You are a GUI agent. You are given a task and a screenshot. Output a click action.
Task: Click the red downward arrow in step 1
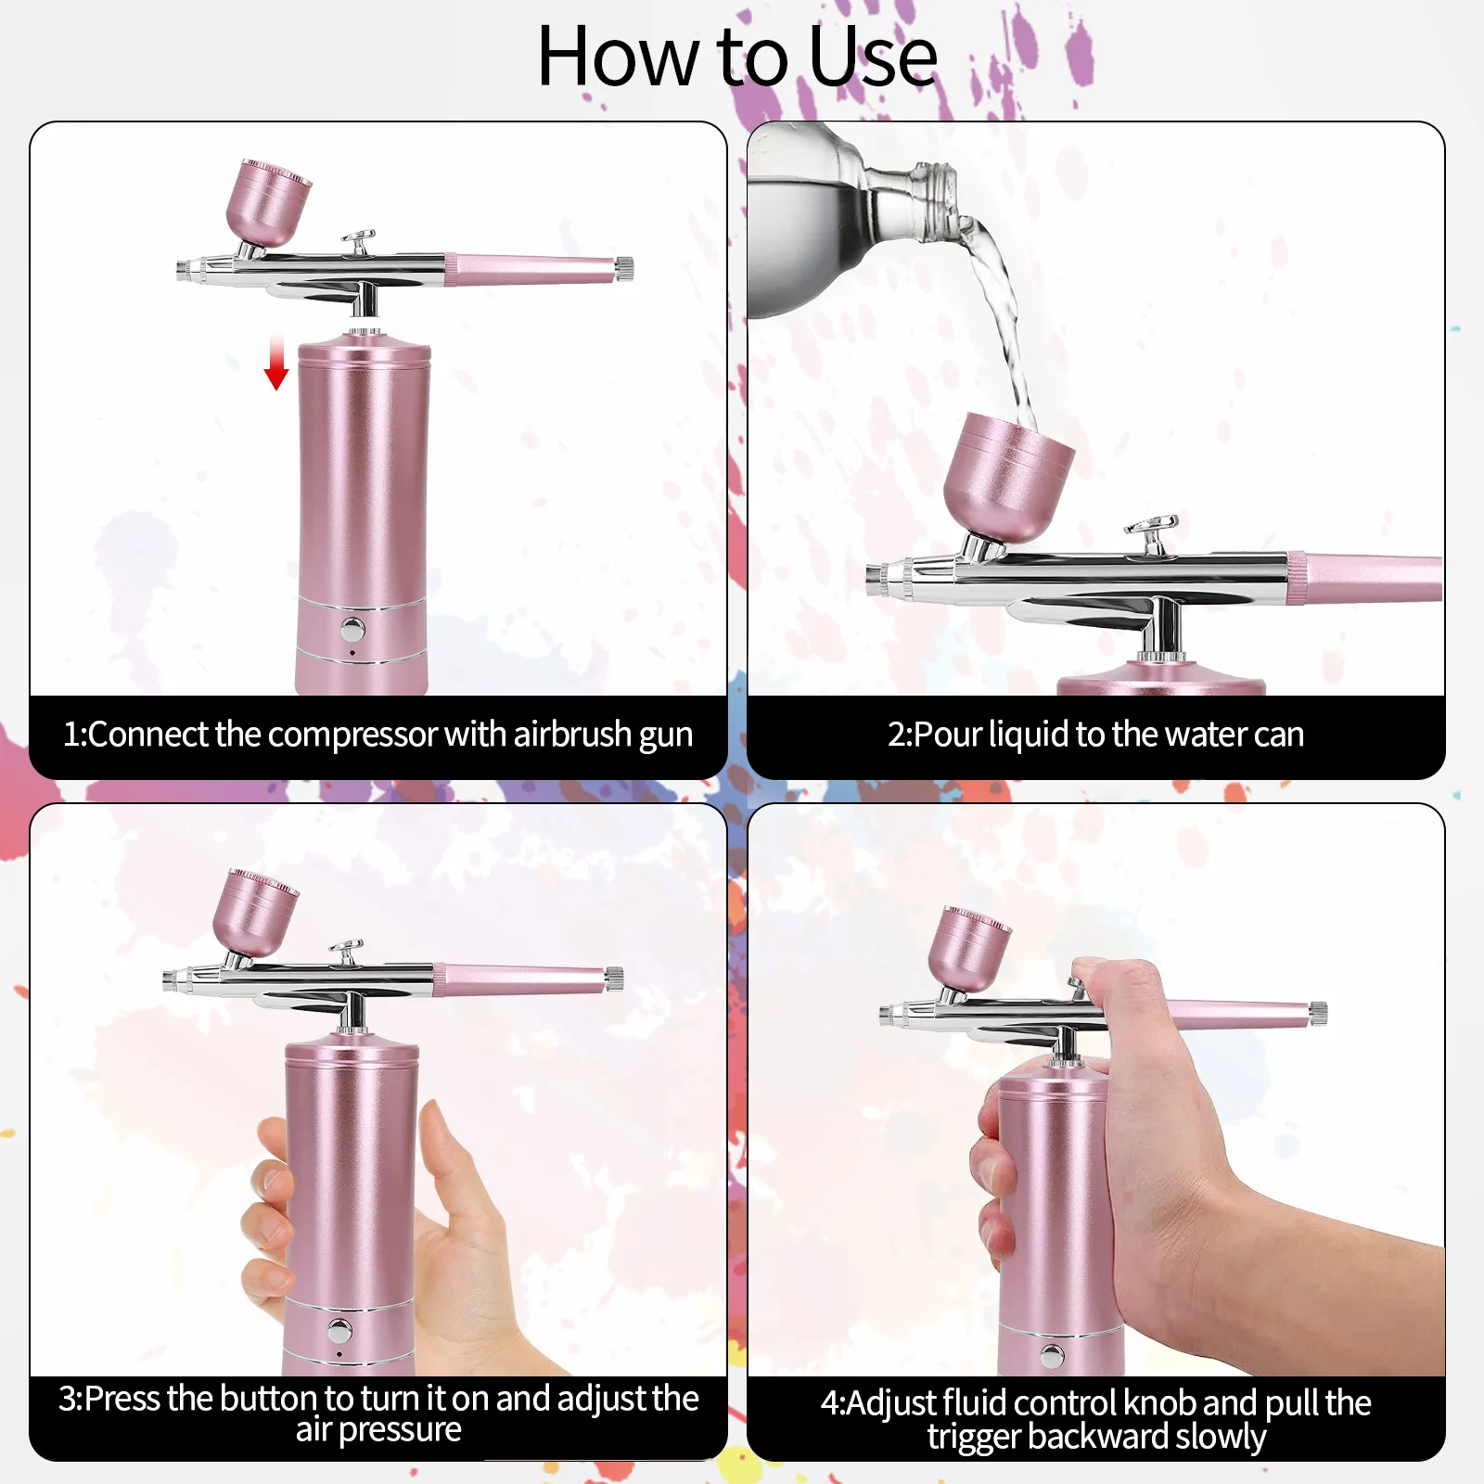point(276,365)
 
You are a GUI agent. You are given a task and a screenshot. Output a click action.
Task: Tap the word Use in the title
point(872,58)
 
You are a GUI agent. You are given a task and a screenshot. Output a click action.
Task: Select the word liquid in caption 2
point(1029,735)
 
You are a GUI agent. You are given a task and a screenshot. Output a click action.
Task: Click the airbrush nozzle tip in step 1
point(183,270)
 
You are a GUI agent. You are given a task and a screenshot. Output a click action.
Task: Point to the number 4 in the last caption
point(830,1403)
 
